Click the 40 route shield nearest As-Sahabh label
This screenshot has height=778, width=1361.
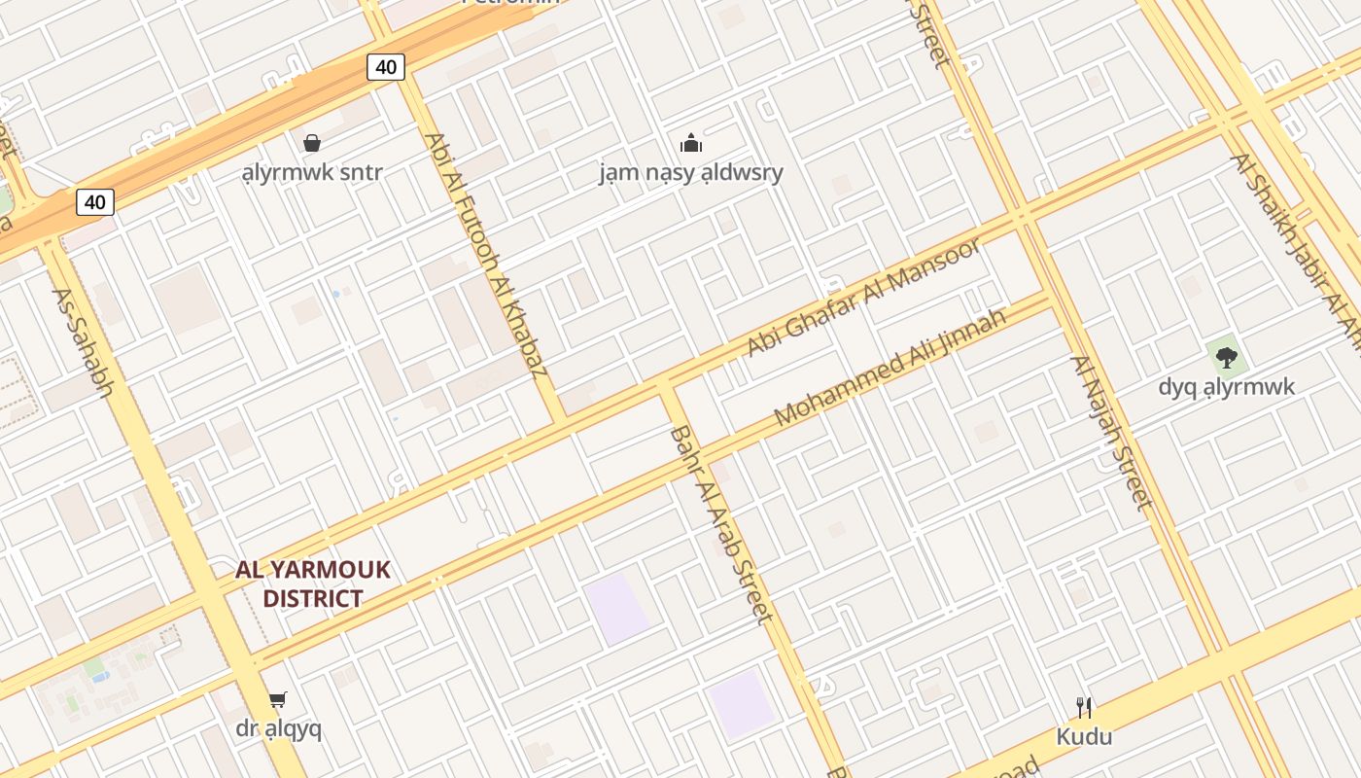coord(94,202)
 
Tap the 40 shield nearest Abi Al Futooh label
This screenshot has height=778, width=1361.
coord(386,67)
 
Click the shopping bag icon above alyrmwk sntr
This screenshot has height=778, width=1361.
coord(312,144)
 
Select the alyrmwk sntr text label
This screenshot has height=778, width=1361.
coord(312,173)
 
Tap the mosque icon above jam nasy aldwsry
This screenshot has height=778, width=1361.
coord(691,144)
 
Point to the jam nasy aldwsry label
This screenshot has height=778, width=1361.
coord(691,173)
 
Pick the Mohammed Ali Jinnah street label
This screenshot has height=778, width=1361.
coord(889,368)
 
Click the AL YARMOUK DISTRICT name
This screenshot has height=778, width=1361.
coord(312,583)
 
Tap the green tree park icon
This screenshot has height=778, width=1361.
coord(1227,357)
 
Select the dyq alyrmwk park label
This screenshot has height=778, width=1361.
coord(1227,387)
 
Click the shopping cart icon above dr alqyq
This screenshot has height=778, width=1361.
coord(278,699)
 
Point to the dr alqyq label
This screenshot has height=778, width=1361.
coord(278,727)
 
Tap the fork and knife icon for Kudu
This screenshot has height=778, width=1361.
coord(1084,707)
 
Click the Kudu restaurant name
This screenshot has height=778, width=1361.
coord(1084,736)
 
